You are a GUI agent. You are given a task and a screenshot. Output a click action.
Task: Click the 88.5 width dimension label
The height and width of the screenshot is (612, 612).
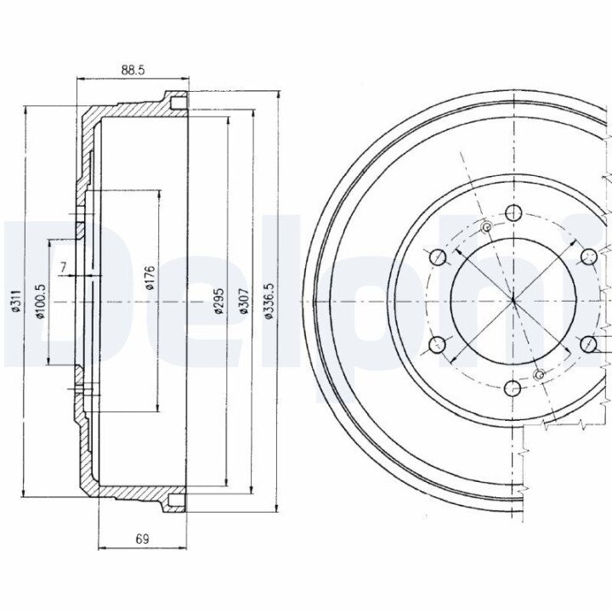pyautogui.click(x=133, y=71)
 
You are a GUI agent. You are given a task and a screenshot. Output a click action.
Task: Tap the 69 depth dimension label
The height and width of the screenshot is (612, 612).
pyautogui.click(x=143, y=539)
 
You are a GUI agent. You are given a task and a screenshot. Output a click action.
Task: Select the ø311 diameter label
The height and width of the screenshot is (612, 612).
pyautogui.click(x=15, y=301)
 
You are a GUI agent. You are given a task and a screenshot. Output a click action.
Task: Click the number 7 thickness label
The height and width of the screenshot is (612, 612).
pyautogui.click(x=63, y=267)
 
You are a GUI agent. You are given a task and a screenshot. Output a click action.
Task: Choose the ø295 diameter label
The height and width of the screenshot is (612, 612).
pyautogui.click(x=218, y=301)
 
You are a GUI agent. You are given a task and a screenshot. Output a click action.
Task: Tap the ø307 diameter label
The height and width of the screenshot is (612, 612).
pyautogui.click(x=244, y=301)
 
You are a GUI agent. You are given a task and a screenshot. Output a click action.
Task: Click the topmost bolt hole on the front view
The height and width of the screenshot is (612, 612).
pyautogui.click(x=513, y=212)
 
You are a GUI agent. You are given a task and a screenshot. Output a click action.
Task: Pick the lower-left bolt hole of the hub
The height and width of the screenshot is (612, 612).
pyautogui.click(x=437, y=344)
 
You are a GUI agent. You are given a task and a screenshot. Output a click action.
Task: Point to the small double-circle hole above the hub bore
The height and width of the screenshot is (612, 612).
pyautogui.click(x=487, y=227)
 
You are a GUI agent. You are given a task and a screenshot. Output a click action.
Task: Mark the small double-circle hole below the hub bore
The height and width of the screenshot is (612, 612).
pyautogui.click(x=540, y=375)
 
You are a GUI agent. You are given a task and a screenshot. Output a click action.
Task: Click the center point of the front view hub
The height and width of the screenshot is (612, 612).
pyautogui.click(x=513, y=301)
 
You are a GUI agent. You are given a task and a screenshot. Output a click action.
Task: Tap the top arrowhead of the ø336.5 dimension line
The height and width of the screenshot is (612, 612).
pyautogui.click(x=278, y=93)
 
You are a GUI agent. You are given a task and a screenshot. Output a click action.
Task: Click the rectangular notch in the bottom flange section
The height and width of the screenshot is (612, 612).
pyautogui.click(x=177, y=501)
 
